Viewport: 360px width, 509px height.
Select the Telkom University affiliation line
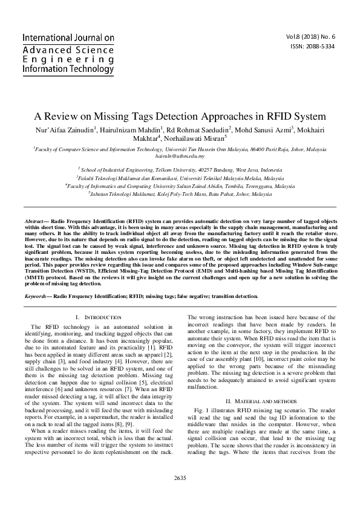(x=180, y=170)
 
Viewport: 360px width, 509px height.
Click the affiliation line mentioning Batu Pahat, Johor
(x=180, y=195)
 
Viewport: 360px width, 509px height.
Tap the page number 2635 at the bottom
(x=180, y=495)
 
